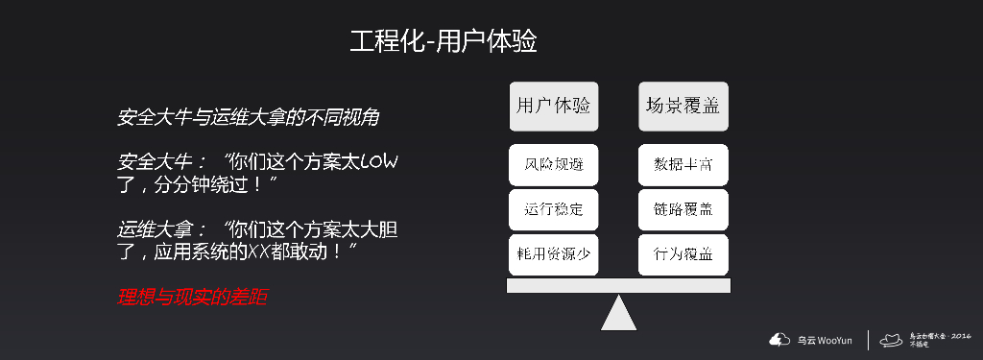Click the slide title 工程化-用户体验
[443, 42]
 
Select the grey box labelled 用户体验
[553, 106]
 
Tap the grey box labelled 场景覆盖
[683, 106]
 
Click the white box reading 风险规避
[553, 164]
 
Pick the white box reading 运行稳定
[553, 208]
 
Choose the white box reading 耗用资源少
[553, 253]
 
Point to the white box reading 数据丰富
[683, 164]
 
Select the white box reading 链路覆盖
[683, 208]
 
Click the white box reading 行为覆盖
[683, 253]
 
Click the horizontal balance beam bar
[619, 285]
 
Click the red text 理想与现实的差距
[192, 298]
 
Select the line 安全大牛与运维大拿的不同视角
[249, 119]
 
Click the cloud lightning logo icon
[778, 339]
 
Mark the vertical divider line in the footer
[870, 340]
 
